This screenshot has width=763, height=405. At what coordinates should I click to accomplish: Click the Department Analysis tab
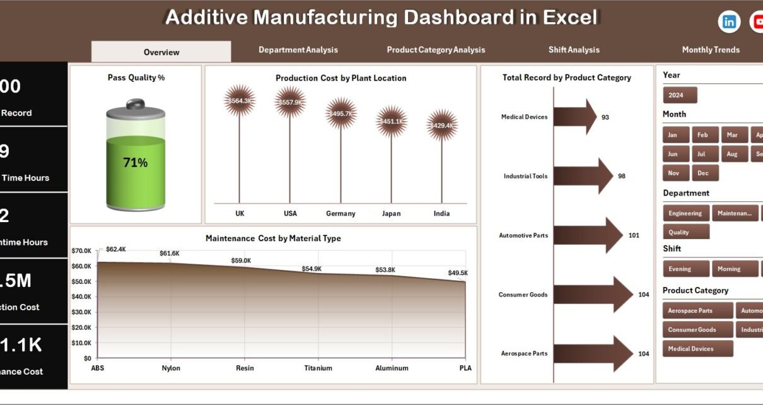pos(298,50)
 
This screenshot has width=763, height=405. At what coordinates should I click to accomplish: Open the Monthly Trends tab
pos(711,50)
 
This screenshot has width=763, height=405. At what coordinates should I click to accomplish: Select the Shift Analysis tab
pos(574,50)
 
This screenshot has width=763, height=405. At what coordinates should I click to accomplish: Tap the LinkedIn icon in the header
pos(729,22)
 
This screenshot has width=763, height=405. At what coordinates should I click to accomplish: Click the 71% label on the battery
pos(135,163)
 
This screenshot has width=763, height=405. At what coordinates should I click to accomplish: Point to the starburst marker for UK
pos(240,101)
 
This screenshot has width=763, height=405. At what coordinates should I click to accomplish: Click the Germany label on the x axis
pos(341,213)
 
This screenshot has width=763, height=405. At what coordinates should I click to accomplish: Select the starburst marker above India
pos(441,126)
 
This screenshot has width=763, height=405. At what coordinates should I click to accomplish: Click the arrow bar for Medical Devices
pos(574,117)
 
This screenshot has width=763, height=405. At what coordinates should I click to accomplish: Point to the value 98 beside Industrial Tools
pos(622,176)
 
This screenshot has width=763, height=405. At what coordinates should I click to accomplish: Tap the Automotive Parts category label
pos(523,235)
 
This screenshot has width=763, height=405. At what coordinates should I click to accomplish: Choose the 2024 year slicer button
pos(680,95)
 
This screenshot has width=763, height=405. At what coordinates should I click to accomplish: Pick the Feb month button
pos(702,135)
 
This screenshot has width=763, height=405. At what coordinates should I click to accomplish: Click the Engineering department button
pos(685,213)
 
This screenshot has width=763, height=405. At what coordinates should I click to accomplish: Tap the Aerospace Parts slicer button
pos(697,310)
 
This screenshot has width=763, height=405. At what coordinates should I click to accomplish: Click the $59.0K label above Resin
pos(241,261)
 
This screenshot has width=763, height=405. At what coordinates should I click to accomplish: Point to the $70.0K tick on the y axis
pos(81,251)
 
